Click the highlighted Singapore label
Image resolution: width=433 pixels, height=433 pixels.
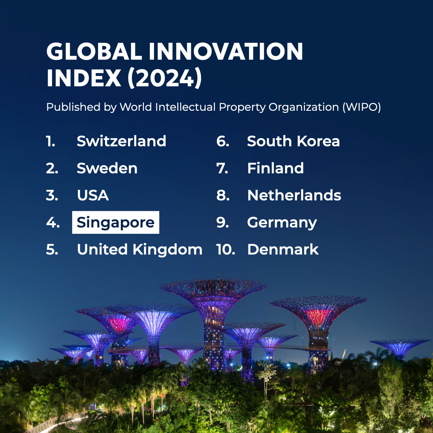(x=115, y=222)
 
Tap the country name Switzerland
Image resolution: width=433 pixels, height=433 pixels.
(x=121, y=141)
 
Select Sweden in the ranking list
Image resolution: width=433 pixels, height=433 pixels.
(x=107, y=168)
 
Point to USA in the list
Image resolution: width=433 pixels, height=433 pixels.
(x=93, y=195)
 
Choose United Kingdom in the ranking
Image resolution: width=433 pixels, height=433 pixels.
(x=140, y=249)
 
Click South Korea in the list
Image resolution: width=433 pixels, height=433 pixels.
(x=293, y=141)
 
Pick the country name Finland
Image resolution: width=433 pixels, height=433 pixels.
(x=275, y=168)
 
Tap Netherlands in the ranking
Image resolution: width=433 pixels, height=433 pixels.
(x=294, y=195)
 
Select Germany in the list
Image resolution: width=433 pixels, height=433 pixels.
(x=282, y=223)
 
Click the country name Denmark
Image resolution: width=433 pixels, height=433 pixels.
(x=283, y=249)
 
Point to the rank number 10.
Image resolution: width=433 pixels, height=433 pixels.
(x=226, y=249)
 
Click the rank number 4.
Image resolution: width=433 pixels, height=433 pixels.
(x=53, y=223)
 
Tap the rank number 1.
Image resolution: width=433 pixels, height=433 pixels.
(x=51, y=141)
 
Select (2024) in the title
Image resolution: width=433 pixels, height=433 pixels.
(x=165, y=78)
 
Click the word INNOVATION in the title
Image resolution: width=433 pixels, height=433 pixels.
(x=226, y=51)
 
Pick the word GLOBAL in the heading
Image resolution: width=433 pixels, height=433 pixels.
(x=94, y=51)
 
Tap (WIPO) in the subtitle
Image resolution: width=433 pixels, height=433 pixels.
(x=362, y=107)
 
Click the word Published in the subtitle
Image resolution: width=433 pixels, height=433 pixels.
(x=73, y=107)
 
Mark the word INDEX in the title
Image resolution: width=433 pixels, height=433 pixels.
(x=84, y=78)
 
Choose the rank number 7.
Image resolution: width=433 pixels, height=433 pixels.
(x=222, y=168)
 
